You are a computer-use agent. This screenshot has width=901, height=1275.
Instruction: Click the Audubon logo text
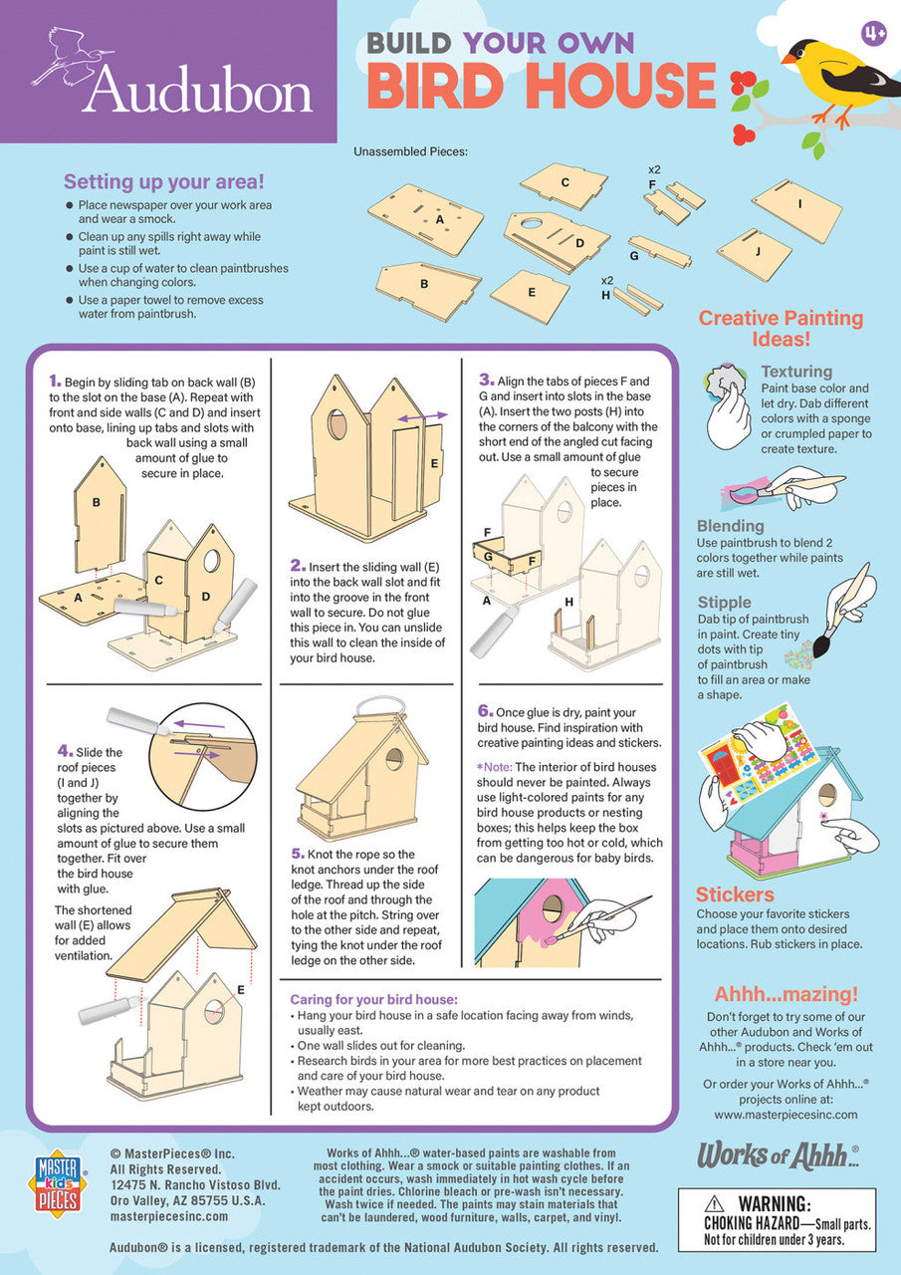pyautogui.click(x=197, y=92)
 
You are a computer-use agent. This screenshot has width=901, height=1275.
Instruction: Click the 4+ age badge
pyautogui.click(x=874, y=34)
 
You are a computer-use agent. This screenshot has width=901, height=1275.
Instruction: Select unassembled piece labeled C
pyautogui.click(x=563, y=185)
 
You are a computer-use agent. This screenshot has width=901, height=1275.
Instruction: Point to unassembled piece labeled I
pyautogui.click(x=797, y=210)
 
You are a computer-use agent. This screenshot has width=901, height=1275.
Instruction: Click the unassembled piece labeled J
pyautogui.click(x=754, y=253)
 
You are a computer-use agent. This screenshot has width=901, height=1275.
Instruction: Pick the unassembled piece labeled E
pyautogui.click(x=530, y=296)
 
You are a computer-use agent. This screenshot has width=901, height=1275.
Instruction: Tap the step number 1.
pyautogui.click(x=56, y=381)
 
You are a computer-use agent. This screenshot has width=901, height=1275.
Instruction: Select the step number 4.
pyautogui.click(x=64, y=751)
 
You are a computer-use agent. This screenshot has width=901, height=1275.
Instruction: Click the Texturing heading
pyautogui.click(x=796, y=372)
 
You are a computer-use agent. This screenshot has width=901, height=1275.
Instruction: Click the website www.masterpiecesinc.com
pyautogui.click(x=786, y=1115)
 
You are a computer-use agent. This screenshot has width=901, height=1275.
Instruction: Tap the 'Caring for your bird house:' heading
pyautogui.click(x=373, y=999)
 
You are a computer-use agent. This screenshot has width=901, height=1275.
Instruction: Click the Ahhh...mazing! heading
pyautogui.click(x=786, y=994)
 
